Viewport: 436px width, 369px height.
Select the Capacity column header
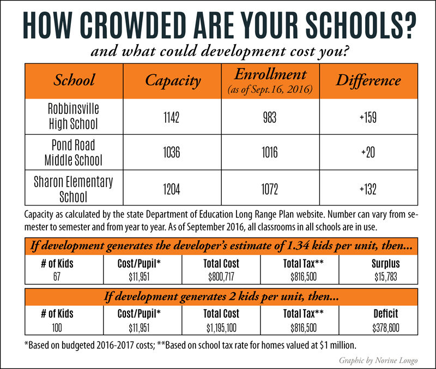pos(173,81)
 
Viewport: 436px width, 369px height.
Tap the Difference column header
pos(368,81)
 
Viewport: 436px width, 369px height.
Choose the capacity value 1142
pos(172,116)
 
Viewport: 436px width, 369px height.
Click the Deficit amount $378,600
pos(385,329)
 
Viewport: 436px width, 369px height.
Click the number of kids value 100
pos(57,329)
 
